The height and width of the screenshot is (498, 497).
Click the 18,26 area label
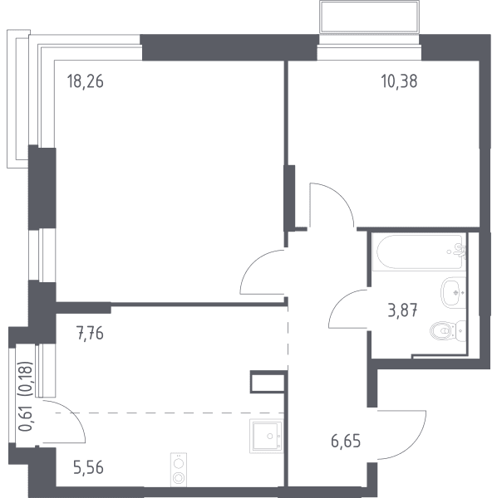pyautogui.click(x=86, y=81)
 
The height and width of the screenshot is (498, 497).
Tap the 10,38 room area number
pyautogui.click(x=399, y=81)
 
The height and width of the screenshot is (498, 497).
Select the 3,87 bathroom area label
pyautogui.click(x=402, y=310)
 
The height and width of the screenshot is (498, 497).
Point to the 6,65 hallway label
pyautogui.click(x=346, y=442)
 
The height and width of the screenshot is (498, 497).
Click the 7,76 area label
pyautogui.click(x=90, y=334)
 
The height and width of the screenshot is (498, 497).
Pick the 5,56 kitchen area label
pyautogui.click(x=88, y=468)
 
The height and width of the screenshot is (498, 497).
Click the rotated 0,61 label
pyautogui.click(x=26, y=418)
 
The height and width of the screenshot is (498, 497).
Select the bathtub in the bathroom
pyautogui.click(x=419, y=252)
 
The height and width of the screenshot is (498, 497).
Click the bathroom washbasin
pyautogui.click(x=453, y=292)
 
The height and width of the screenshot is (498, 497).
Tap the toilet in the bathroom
pyautogui.click(x=448, y=331)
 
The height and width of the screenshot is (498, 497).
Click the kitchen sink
pyautogui.click(x=267, y=436)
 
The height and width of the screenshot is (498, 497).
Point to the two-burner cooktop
pyautogui.click(x=179, y=470)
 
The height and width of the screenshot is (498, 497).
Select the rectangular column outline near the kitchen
pyautogui.click(x=268, y=382)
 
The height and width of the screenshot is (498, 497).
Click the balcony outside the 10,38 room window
pyautogui.click(x=369, y=17)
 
